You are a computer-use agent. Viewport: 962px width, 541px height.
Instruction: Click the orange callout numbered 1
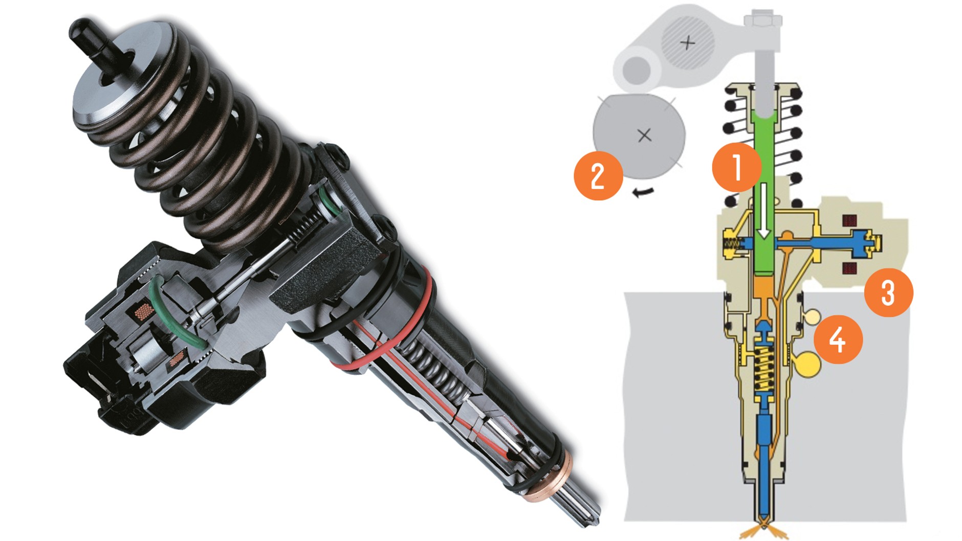click(x=737, y=167)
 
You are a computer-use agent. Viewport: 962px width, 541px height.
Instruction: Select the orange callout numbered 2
click(x=598, y=176)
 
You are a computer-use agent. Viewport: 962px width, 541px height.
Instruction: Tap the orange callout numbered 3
click(x=888, y=292)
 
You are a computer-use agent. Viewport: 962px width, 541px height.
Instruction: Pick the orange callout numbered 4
click(x=838, y=340)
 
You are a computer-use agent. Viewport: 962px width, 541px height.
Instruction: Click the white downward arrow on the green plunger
click(x=764, y=211)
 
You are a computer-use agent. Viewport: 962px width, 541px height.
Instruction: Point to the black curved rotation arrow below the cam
click(x=643, y=193)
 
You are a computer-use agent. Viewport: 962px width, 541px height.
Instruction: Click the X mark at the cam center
click(x=645, y=135)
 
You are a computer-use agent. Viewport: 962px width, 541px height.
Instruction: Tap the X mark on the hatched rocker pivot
click(x=688, y=42)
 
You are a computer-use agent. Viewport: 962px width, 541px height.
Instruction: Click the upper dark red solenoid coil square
click(x=849, y=220)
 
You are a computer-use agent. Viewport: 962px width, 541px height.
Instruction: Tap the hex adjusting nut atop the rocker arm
click(x=763, y=20)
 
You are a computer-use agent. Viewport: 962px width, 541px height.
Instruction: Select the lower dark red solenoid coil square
click(x=849, y=267)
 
